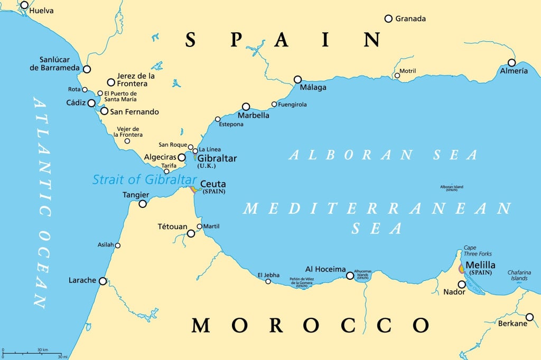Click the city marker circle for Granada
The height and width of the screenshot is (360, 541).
click(388, 18)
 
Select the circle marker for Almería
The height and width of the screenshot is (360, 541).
click(511, 62)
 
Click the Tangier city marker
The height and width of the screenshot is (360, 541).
click(143, 203)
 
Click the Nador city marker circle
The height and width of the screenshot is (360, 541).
click(462, 285)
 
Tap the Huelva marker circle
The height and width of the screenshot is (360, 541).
click(24, 5)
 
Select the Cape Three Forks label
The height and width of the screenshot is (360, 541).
click(477, 251)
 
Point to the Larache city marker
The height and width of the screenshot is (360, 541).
click(103, 281)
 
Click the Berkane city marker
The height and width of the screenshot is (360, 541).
click(529, 317)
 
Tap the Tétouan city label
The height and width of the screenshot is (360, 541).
click(172, 226)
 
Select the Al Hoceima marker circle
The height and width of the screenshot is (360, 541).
click(350, 276)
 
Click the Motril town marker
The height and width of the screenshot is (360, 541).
click(397, 75)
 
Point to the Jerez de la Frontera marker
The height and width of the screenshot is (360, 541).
click(111, 82)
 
